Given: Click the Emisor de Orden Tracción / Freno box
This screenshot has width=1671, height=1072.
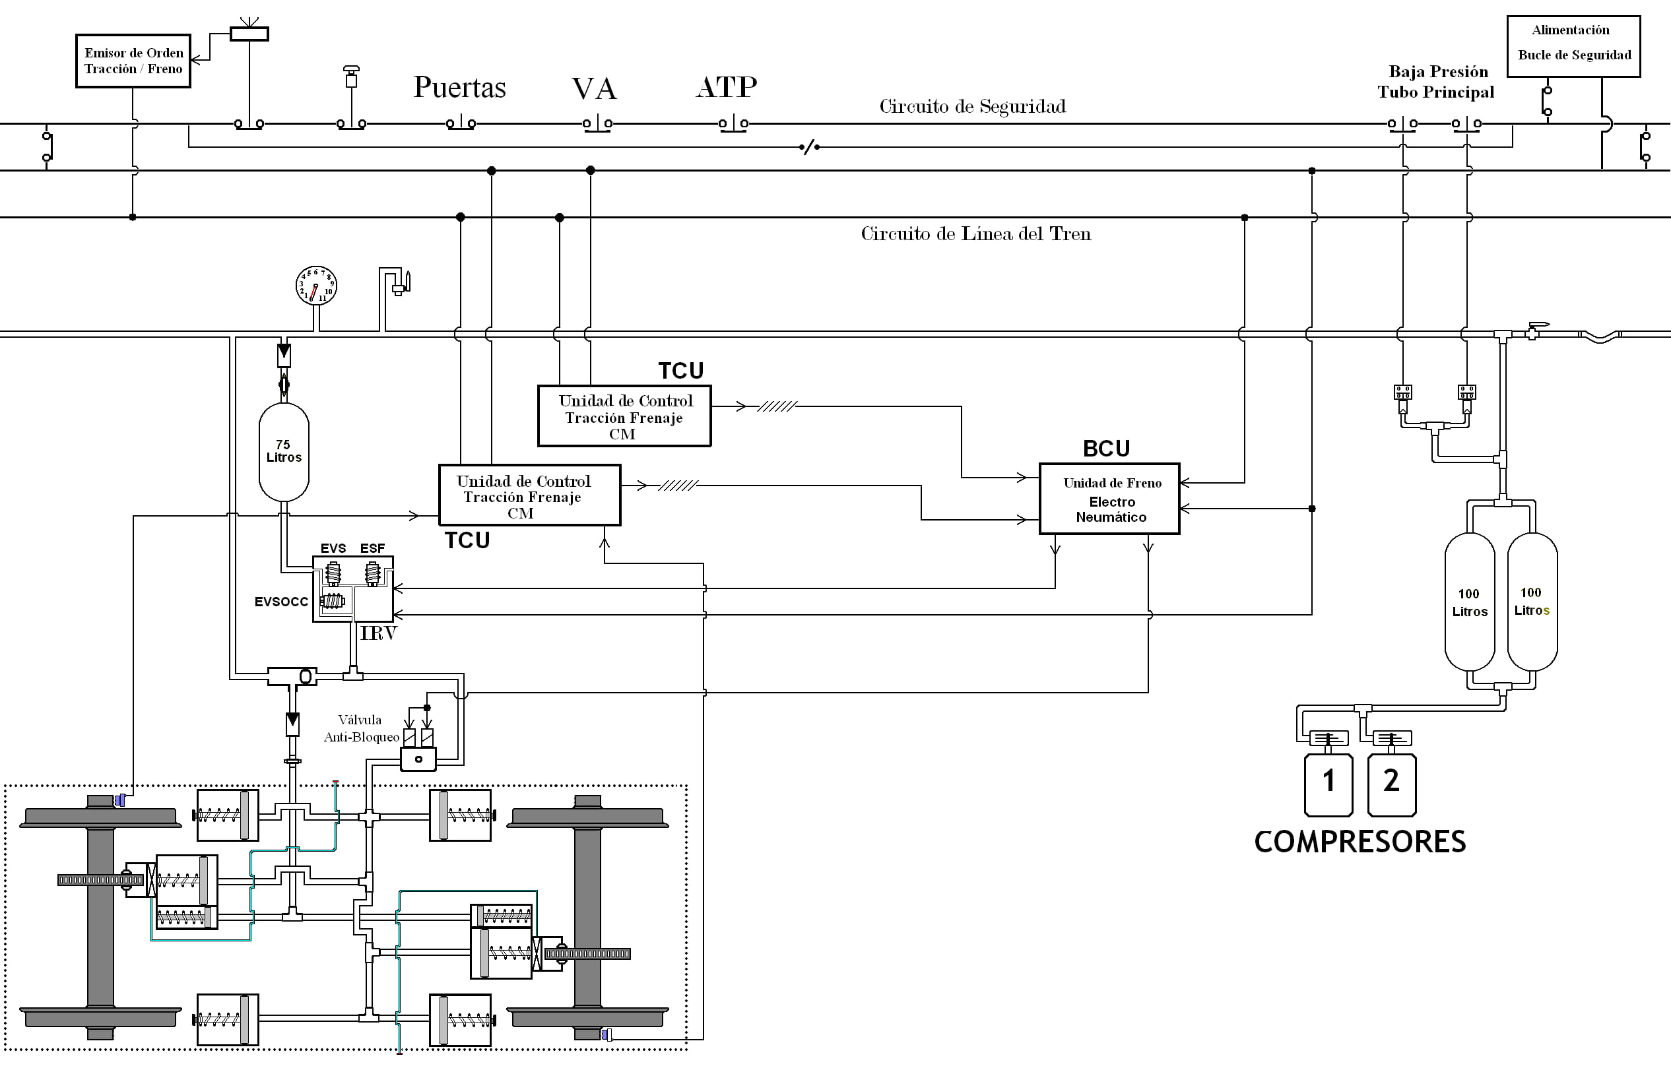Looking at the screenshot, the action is click(133, 61).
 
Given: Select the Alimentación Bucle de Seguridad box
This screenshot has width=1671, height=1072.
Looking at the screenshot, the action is click(1573, 46).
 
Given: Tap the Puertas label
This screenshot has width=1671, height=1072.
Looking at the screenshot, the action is click(459, 88).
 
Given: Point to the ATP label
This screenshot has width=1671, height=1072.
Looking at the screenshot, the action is click(726, 87).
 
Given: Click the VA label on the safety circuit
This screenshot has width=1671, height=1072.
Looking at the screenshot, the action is click(594, 88).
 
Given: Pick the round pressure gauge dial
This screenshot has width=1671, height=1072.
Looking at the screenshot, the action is click(316, 286).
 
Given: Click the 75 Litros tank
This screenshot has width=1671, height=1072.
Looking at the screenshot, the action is click(284, 452).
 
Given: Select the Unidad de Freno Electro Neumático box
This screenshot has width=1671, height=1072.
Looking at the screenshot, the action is click(1110, 499).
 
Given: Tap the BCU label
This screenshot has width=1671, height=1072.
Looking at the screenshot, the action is click(1106, 449).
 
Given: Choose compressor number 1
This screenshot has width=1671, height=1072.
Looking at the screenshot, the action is click(1328, 784).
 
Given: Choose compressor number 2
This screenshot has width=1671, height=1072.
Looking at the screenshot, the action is click(1392, 784).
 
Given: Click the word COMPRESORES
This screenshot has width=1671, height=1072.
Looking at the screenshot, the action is click(1360, 842).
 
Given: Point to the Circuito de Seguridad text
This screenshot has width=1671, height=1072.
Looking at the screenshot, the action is click(973, 106).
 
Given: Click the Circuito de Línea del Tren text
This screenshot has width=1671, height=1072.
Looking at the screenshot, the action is click(976, 234).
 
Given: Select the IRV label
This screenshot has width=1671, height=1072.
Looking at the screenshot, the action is click(378, 633).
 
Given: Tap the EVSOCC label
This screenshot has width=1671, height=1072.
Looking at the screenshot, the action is click(281, 602).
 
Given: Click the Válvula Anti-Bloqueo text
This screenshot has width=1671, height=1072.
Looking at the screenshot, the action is click(362, 728).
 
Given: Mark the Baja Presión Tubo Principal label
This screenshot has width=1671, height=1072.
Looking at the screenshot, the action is click(1435, 82).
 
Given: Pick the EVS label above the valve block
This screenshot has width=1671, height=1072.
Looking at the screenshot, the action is click(333, 548).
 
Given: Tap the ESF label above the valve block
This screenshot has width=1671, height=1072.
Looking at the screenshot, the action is click(372, 548).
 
